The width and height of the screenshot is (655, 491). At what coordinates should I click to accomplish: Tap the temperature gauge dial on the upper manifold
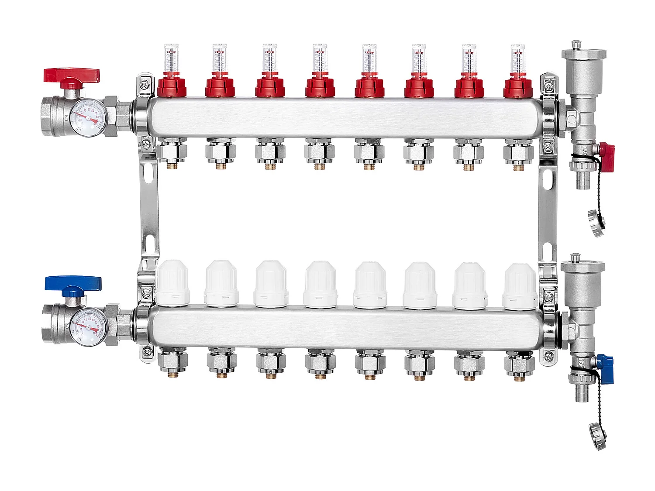click(x=89, y=118)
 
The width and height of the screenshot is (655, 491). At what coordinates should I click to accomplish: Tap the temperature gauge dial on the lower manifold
click(x=89, y=327)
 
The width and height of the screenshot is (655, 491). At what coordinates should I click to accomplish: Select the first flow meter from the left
click(x=171, y=58)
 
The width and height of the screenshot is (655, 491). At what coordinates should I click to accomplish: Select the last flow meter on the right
click(x=517, y=58)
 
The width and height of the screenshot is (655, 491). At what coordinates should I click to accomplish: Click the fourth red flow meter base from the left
click(x=320, y=87)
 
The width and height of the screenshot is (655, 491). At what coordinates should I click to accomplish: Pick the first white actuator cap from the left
click(x=172, y=282)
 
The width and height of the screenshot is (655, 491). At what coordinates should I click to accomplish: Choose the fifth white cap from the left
click(x=370, y=284)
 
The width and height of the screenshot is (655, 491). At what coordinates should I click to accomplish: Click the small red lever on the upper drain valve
click(x=607, y=151)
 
